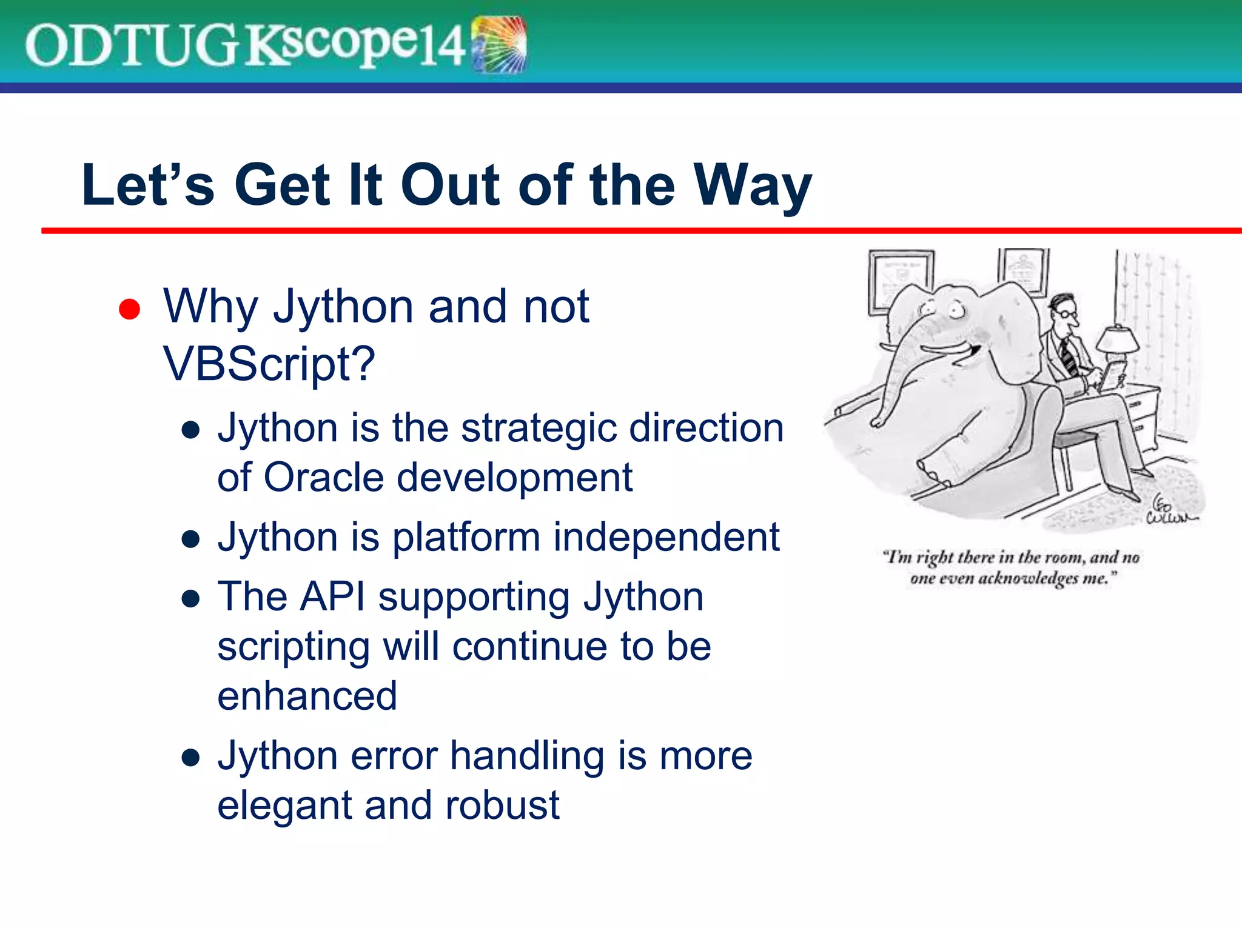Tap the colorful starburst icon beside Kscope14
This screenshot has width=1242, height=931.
coord(498,45)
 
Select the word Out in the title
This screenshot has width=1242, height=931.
coord(452,185)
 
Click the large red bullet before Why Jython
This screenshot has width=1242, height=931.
coord(129,309)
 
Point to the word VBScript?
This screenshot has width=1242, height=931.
coord(269,364)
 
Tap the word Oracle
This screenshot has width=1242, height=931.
coord(323,478)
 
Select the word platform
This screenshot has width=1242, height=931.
coord(466,538)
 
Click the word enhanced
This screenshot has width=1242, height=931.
coord(307,696)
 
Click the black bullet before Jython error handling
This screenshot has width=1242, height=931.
coord(191,758)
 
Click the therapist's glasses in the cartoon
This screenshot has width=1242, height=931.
coord(1069,313)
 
